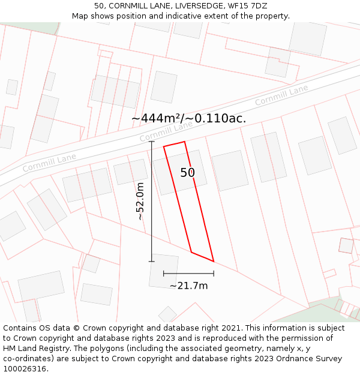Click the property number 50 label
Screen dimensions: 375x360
(188, 173)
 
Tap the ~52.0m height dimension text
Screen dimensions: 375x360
(140, 201)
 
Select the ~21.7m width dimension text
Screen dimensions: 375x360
(188, 286)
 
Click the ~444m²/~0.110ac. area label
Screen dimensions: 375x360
(188, 118)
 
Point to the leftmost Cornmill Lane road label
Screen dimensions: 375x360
(49, 163)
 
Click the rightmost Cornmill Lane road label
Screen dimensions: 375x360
(281, 95)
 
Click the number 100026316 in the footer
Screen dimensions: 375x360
(25, 369)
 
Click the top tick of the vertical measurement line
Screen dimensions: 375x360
(152, 142)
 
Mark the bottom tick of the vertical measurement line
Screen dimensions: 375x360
(152, 262)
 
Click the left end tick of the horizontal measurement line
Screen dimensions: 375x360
(164, 274)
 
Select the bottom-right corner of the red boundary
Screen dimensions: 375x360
(214, 262)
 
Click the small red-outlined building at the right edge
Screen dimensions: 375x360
(346, 245)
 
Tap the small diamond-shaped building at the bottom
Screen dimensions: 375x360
(167, 314)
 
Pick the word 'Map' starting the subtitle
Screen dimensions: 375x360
(80, 16)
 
